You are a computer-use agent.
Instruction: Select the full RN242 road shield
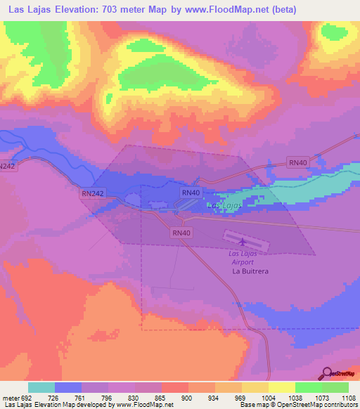92,193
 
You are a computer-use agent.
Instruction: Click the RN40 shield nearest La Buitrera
181,233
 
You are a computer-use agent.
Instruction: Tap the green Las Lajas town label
224,205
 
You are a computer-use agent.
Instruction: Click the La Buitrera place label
251,270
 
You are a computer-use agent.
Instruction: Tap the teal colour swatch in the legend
41,387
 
